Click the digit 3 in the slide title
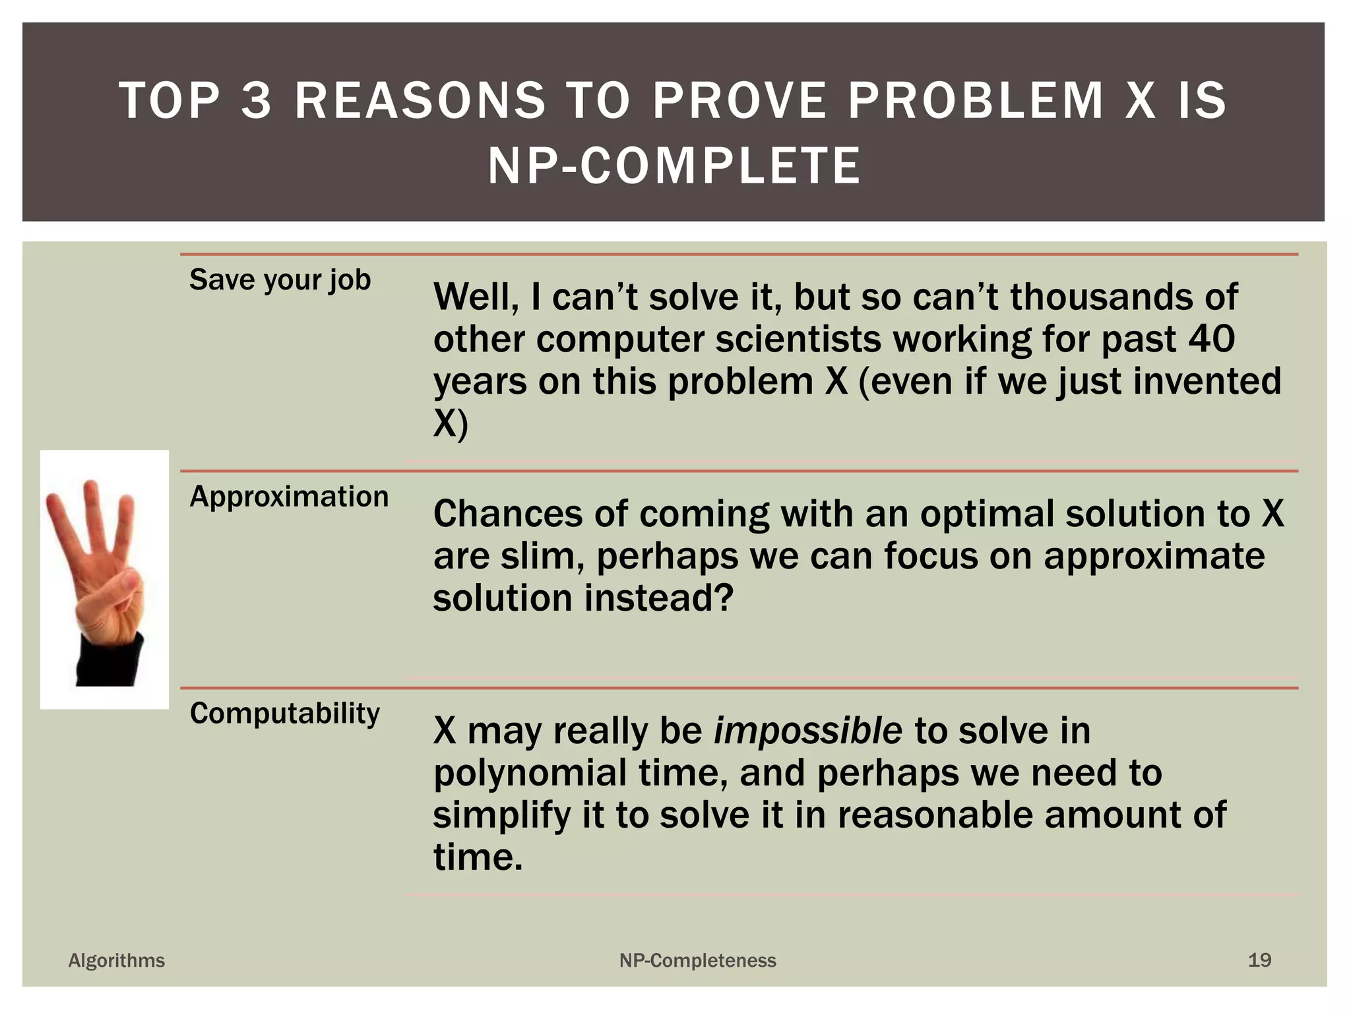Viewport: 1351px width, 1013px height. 256,101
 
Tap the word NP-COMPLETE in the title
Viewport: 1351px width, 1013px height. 674,166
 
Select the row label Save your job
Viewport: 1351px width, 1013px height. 280,280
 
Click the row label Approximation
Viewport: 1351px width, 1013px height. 289,497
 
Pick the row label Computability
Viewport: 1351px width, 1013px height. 284,714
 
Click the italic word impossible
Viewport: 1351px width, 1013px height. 807,731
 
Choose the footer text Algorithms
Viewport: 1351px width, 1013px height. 117,960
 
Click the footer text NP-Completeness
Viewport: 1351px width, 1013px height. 697,960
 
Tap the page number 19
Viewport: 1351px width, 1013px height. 1259,960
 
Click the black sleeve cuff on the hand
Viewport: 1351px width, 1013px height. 110,661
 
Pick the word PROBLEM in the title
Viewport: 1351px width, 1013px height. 975,101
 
